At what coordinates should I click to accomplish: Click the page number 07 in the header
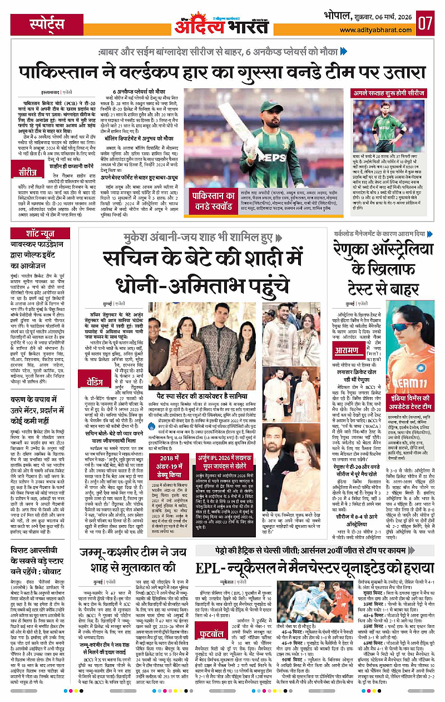427,23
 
